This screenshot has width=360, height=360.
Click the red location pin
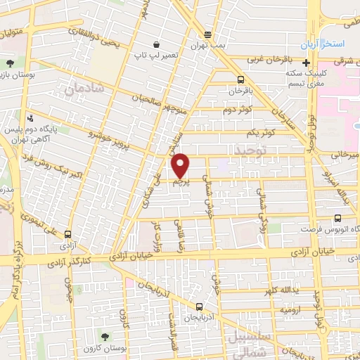(x=181, y=165)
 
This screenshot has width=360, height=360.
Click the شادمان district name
(x=84, y=90)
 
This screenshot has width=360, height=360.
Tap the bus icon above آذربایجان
(x=200, y=307)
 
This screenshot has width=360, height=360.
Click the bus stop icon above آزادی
(x=67, y=235)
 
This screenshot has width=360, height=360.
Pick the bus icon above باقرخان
(x=241, y=80)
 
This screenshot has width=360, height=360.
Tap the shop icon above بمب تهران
(x=207, y=34)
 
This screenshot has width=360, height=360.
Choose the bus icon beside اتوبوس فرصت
(x=338, y=219)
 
